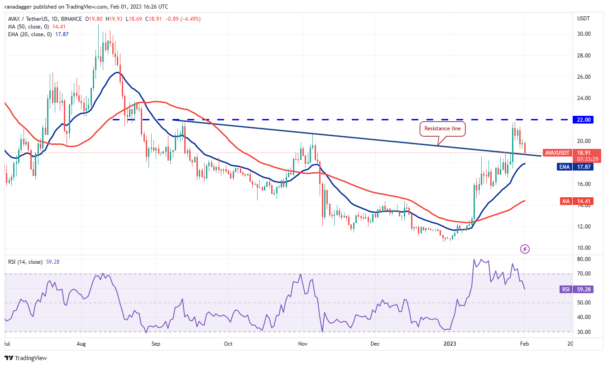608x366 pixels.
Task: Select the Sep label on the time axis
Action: (x=155, y=344)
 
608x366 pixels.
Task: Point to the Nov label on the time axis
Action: (x=303, y=344)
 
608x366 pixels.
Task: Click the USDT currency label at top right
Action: (x=584, y=19)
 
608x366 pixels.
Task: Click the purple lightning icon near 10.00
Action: (x=525, y=249)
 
